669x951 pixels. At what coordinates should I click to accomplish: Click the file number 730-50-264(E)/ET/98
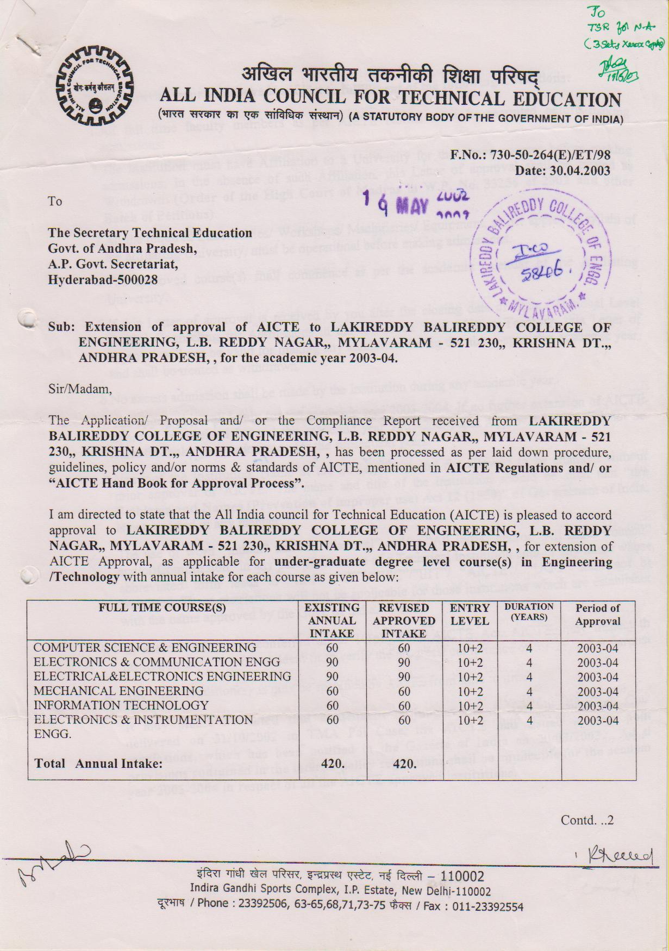coord(551,155)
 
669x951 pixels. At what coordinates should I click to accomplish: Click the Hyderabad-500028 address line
coord(103,279)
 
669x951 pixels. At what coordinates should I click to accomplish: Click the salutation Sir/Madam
coord(80,389)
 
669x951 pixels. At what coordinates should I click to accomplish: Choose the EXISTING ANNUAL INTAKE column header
coord(332,620)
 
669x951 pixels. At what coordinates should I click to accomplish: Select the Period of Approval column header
coord(598,615)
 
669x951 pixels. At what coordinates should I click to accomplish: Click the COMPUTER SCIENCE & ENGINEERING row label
coord(145,648)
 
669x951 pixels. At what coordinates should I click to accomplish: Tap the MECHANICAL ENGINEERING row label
coord(118,691)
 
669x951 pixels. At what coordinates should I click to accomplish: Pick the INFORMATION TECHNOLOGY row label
coord(121,705)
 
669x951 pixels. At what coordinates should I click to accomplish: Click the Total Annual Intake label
coord(98,764)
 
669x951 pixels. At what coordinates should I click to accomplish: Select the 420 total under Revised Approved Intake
coord(404,764)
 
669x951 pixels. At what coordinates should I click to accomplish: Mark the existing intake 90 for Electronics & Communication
coord(332,662)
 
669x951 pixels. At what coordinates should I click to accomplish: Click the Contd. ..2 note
coord(586,820)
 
